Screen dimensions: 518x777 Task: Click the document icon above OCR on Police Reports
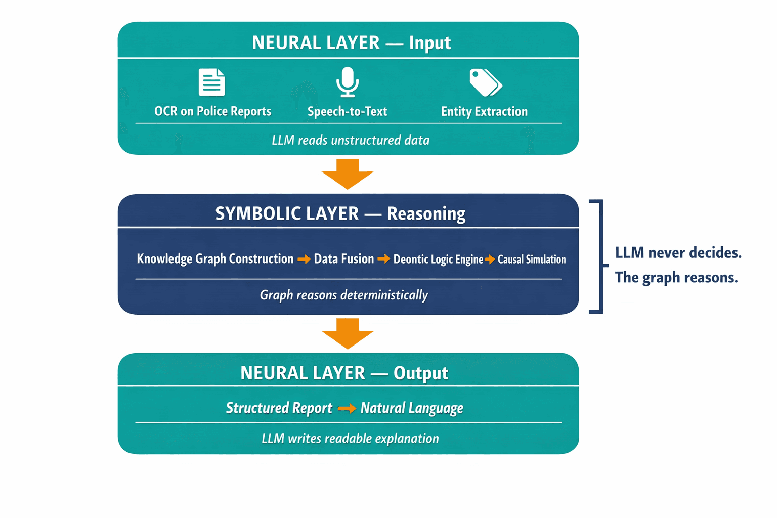pyautogui.click(x=211, y=82)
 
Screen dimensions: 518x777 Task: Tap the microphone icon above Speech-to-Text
pyautogui.click(x=348, y=81)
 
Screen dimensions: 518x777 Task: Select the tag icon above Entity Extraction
pyautogui.click(x=485, y=82)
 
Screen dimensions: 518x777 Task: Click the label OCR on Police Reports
pyautogui.click(x=212, y=111)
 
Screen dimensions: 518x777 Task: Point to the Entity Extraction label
pyautogui.click(x=484, y=111)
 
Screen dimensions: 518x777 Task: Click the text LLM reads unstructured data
pyautogui.click(x=350, y=140)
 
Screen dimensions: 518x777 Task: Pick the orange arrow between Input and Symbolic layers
pyautogui.click(x=348, y=174)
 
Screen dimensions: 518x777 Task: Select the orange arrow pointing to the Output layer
pyautogui.click(x=348, y=333)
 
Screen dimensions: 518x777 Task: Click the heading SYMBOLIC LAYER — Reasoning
pyautogui.click(x=340, y=213)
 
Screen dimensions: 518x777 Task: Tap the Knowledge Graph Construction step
pyautogui.click(x=215, y=259)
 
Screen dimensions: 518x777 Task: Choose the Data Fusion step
pyautogui.click(x=343, y=259)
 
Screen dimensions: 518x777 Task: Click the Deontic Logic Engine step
pyautogui.click(x=438, y=260)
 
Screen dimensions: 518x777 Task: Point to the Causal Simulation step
pyautogui.click(x=531, y=260)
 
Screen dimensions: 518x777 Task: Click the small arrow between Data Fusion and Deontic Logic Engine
pyautogui.click(x=383, y=259)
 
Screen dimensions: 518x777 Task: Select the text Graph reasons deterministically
pyautogui.click(x=343, y=295)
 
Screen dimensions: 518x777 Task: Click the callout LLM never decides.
pyautogui.click(x=678, y=252)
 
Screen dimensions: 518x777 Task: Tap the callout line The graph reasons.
pyautogui.click(x=676, y=277)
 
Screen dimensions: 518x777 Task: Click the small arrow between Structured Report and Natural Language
pyautogui.click(x=347, y=408)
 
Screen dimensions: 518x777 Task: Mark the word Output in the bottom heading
pyautogui.click(x=420, y=373)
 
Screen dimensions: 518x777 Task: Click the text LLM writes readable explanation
pyautogui.click(x=350, y=438)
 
